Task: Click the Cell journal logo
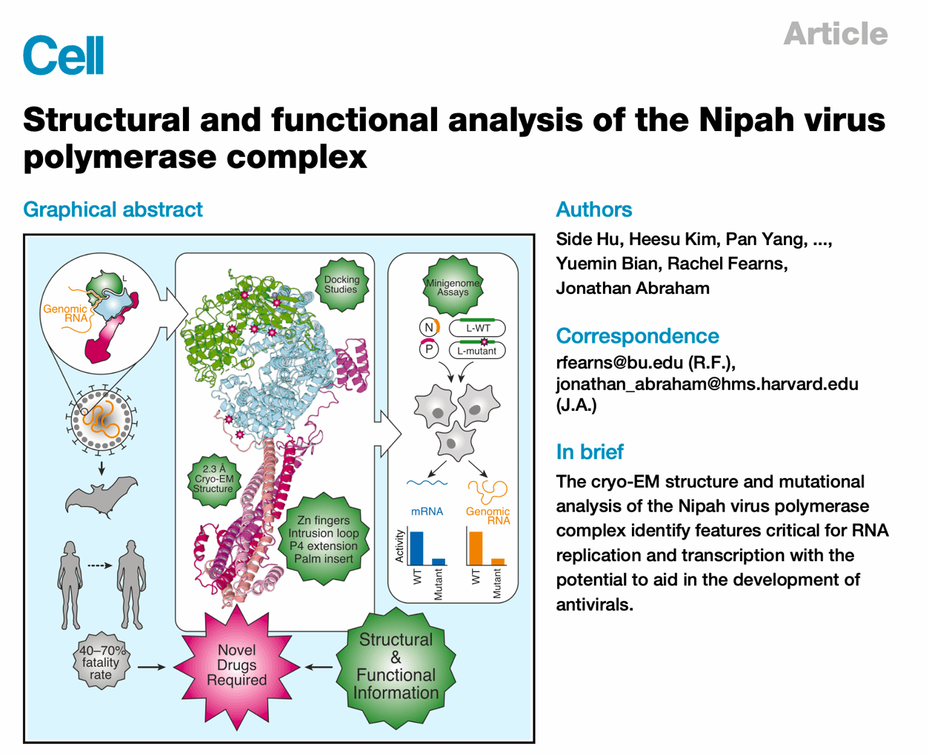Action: tap(64, 56)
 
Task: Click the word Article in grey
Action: tap(835, 34)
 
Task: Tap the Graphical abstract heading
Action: tap(113, 209)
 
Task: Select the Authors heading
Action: tap(593, 209)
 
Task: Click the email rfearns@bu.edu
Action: tap(619, 363)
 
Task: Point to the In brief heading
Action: tap(589, 452)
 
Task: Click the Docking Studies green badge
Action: tap(341, 284)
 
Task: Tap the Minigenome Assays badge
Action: tap(453, 287)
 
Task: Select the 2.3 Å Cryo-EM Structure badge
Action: tap(213, 479)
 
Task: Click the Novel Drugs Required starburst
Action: tap(237, 665)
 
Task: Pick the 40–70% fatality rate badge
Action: tap(101, 662)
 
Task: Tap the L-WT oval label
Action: tap(478, 327)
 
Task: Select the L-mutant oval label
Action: tap(477, 350)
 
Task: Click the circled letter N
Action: tap(428, 327)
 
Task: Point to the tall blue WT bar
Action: tap(416, 548)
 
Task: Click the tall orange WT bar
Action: tap(475, 548)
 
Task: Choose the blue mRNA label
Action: tap(427, 511)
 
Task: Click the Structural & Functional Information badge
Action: tap(396, 666)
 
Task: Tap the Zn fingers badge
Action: tap(323, 540)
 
